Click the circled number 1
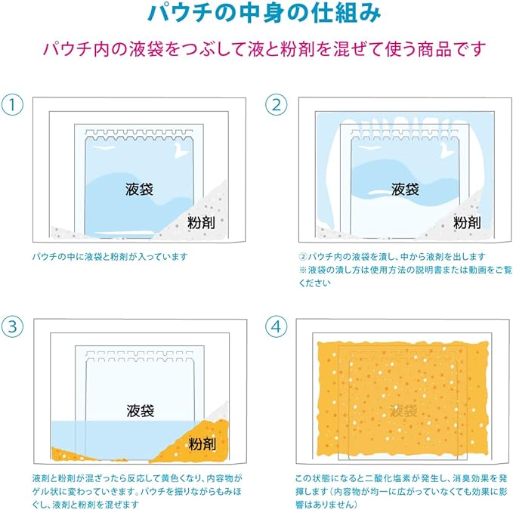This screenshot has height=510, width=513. (12, 105)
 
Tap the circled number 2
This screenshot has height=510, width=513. (277, 105)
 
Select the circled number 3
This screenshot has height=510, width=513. (12, 326)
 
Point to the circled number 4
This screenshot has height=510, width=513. (277, 326)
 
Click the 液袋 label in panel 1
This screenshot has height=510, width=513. (139, 189)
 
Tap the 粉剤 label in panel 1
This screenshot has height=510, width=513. (201, 222)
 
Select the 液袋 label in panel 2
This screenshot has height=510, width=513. (405, 189)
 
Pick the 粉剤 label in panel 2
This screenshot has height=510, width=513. (467, 222)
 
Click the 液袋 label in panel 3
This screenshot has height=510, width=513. (141, 410)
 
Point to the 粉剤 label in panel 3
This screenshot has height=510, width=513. (202, 444)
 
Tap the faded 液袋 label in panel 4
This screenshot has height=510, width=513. (403, 410)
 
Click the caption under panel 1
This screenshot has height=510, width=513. (110, 256)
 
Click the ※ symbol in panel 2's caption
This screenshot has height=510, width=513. (303, 270)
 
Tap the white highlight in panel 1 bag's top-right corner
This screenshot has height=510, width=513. (181, 150)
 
